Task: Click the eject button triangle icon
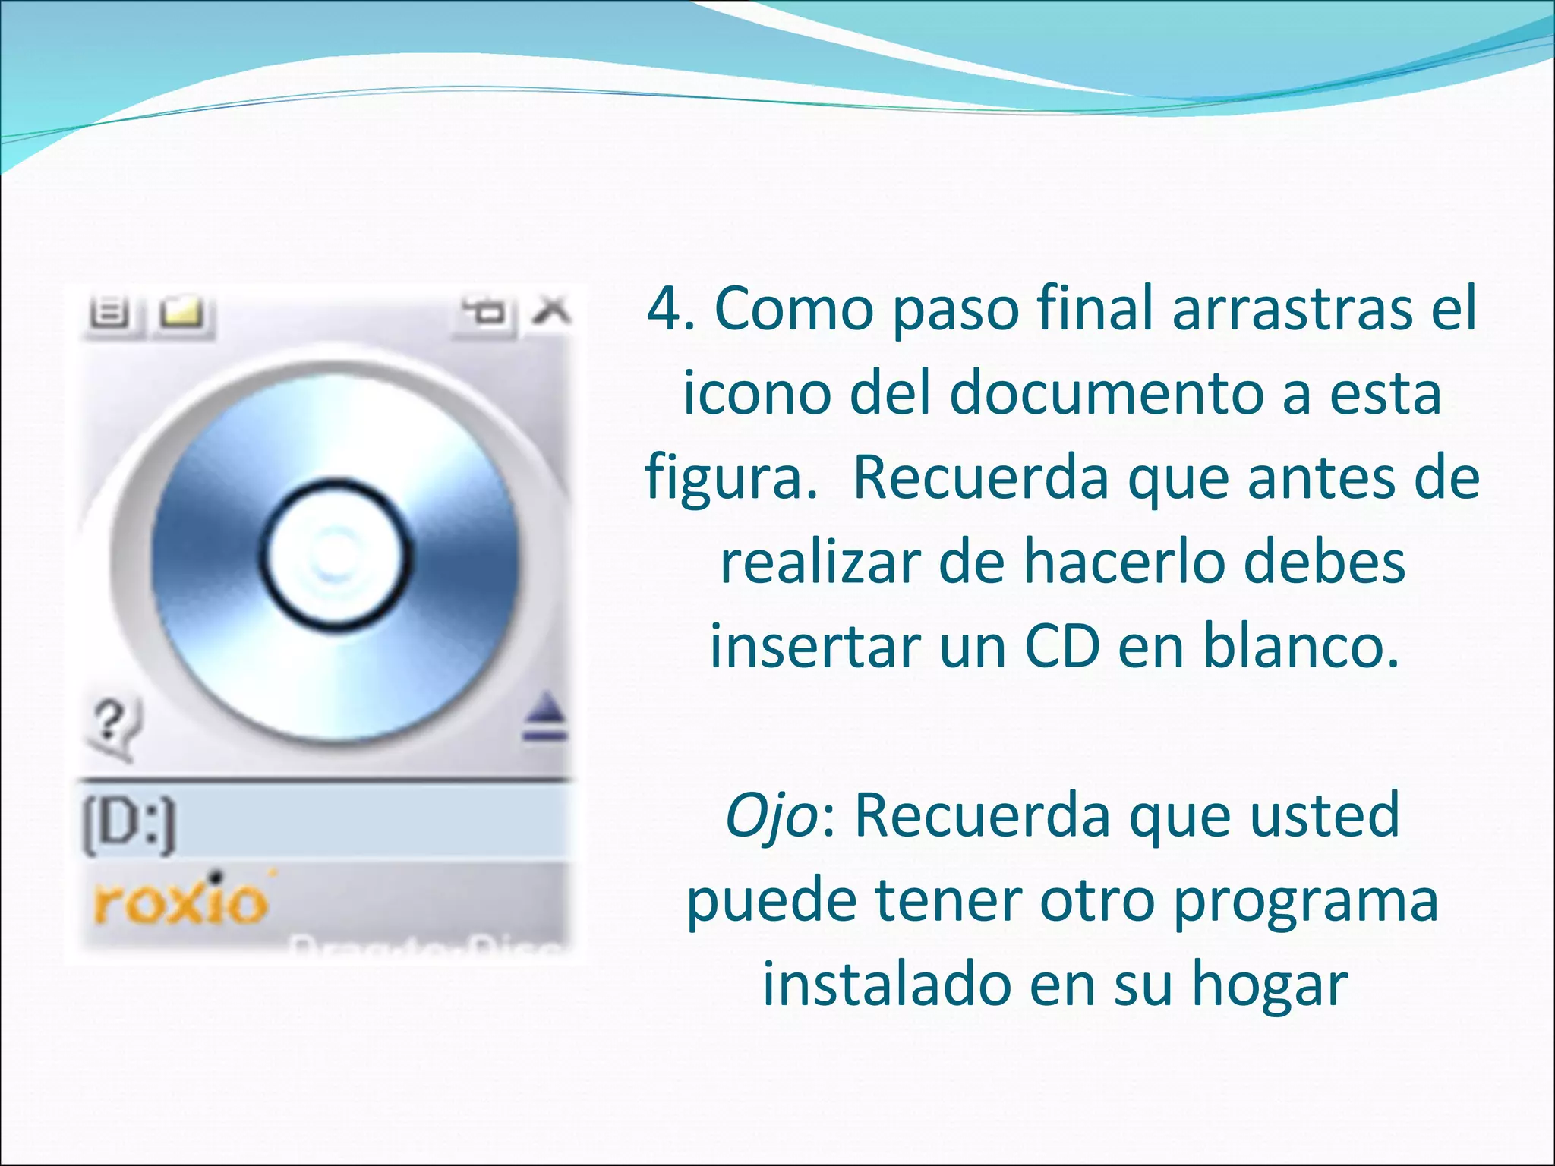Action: click(545, 718)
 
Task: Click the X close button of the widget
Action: click(552, 310)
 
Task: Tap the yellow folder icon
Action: click(182, 313)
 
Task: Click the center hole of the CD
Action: click(335, 553)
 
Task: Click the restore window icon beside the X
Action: click(485, 311)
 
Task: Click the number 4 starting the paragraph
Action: click(664, 309)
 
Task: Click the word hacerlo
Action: click(1165, 563)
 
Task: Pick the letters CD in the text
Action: click(1061, 646)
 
